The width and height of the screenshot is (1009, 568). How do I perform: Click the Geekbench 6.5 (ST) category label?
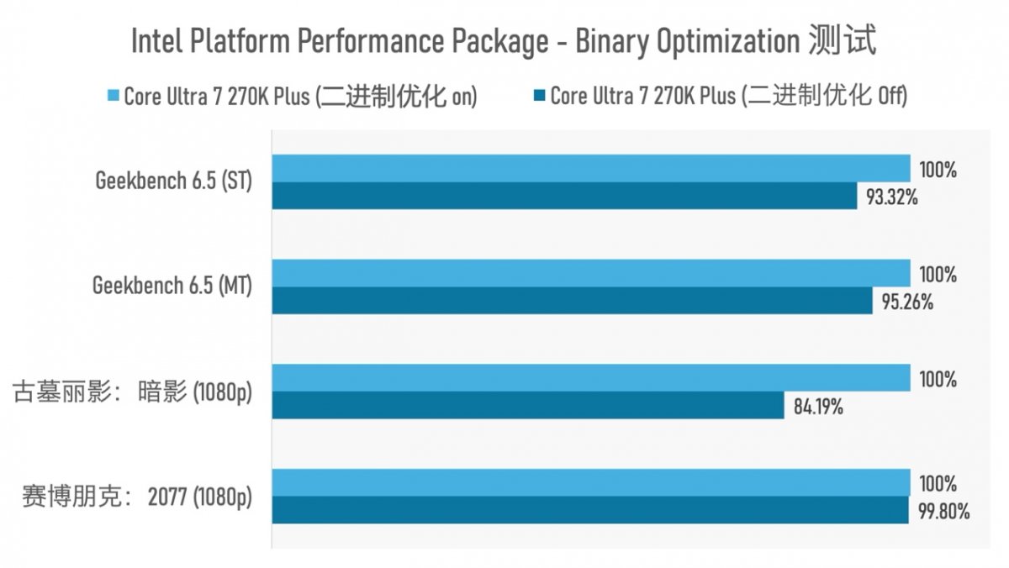click(x=173, y=181)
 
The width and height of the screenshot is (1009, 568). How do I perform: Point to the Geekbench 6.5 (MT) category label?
click(x=172, y=286)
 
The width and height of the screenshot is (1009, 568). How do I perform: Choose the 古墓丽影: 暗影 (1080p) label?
click(x=132, y=392)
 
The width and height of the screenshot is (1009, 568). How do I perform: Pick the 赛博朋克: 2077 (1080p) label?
click(x=136, y=497)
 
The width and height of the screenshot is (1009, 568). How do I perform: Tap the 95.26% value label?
click(x=907, y=302)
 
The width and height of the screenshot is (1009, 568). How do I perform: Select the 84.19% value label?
click(x=818, y=408)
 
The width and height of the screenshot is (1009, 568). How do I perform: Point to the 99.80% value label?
click(x=944, y=512)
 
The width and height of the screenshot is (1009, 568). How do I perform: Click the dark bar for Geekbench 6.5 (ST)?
click(x=563, y=196)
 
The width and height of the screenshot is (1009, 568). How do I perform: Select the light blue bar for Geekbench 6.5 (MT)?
click(x=590, y=273)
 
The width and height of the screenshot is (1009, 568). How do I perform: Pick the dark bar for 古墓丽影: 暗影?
click(x=527, y=406)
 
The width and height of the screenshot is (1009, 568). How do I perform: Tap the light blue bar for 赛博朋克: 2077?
click(x=590, y=483)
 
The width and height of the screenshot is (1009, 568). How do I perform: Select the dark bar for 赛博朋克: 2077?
click(x=589, y=510)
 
